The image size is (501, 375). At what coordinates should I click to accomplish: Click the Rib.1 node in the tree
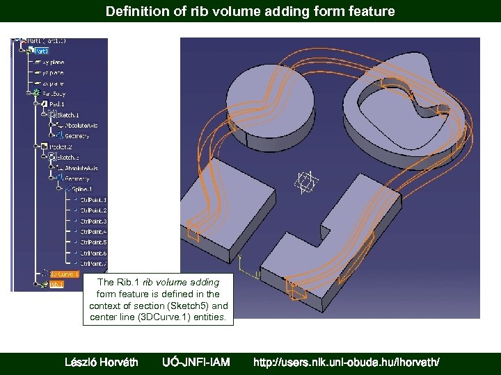pos(56,284)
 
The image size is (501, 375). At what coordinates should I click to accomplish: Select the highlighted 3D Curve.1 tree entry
pos(64,274)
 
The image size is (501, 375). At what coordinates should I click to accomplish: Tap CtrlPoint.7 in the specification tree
pos(93,263)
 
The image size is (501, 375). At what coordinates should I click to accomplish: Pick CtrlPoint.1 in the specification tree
pos(93,200)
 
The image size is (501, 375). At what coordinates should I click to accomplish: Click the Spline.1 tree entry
pos(81,189)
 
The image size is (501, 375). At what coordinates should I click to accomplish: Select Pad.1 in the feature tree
pos(57,103)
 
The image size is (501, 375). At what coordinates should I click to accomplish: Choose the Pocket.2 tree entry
pos(61,147)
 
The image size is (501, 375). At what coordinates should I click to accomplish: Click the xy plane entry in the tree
pos(54,62)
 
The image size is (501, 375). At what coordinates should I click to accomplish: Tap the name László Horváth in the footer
pos(101,362)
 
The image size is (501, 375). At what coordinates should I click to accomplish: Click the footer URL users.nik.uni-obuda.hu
pos(347,362)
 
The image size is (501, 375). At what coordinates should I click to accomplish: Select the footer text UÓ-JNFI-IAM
pos(196,362)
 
